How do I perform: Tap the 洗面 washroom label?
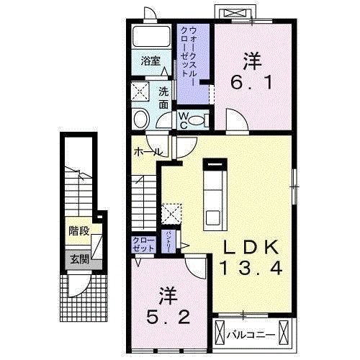163,98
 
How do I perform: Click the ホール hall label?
146,152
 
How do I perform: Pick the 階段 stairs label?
78,232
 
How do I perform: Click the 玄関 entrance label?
78,258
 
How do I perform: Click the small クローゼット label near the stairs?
143,243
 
